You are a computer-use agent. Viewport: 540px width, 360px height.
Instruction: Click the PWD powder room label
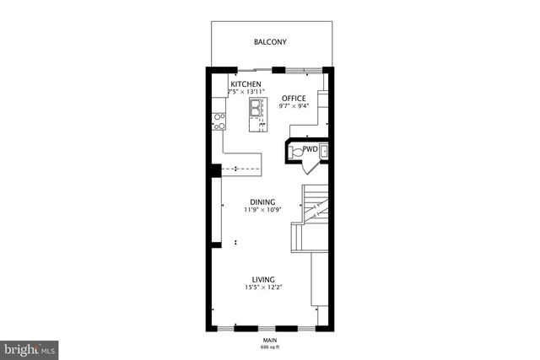pos(310,150)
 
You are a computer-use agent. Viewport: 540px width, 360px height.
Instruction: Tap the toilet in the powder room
pos(294,151)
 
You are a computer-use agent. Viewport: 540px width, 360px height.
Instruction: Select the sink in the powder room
pos(322,151)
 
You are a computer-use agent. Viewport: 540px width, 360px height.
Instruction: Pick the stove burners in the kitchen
pos(218,121)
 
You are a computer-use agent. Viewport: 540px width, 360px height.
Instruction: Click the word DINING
pos(263,201)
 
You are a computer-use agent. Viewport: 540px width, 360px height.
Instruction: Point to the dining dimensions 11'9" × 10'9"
pos(263,210)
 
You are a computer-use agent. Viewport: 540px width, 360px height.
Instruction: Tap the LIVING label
pos(263,279)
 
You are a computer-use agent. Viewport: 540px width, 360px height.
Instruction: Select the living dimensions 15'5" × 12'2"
pos(263,287)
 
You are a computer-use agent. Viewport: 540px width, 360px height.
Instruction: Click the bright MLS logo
pos(29,348)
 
